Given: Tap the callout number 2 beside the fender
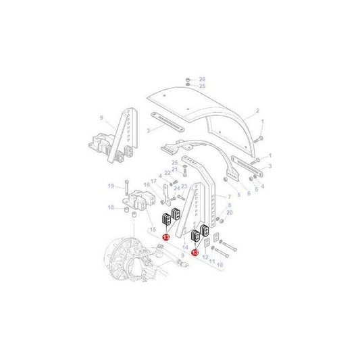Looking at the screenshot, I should (257, 110).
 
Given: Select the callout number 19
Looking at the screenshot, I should (110, 186).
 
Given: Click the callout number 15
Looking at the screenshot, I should (153, 231).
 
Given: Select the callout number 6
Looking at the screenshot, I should (248, 192).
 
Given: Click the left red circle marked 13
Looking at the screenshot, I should (165, 237).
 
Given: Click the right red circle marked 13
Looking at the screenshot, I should (195, 253).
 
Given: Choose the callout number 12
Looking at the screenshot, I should (204, 257).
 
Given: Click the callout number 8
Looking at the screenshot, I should (230, 205).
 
